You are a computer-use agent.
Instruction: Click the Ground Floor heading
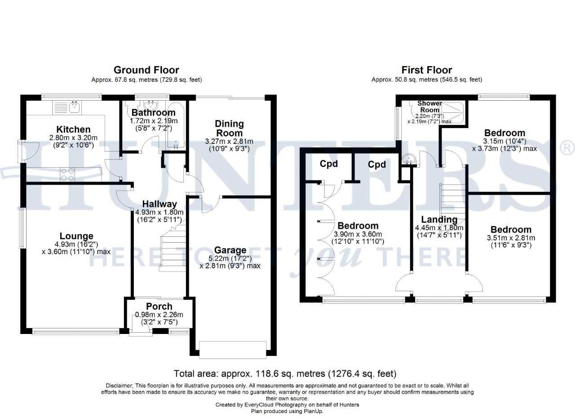coord(146,70)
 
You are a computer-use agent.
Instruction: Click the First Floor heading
coord(427,70)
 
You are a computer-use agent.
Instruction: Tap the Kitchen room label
coord(73,130)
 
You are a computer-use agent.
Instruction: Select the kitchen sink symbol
coord(66,107)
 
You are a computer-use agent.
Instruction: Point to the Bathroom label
coord(153,113)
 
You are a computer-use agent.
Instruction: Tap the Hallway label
coord(157,204)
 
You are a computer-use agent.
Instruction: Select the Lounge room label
coord(76,236)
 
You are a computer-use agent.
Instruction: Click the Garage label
coord(230,250)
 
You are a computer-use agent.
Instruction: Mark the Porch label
coord(159,307)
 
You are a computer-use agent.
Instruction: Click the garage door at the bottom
coord(233,350)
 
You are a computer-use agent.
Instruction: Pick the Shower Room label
coord(429,107)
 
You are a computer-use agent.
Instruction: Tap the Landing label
coord(439,220)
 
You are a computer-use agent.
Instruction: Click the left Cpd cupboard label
coord(328,164)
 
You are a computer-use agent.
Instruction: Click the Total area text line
coord(285,374)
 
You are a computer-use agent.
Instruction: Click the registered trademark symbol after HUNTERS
coord(568,148)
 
